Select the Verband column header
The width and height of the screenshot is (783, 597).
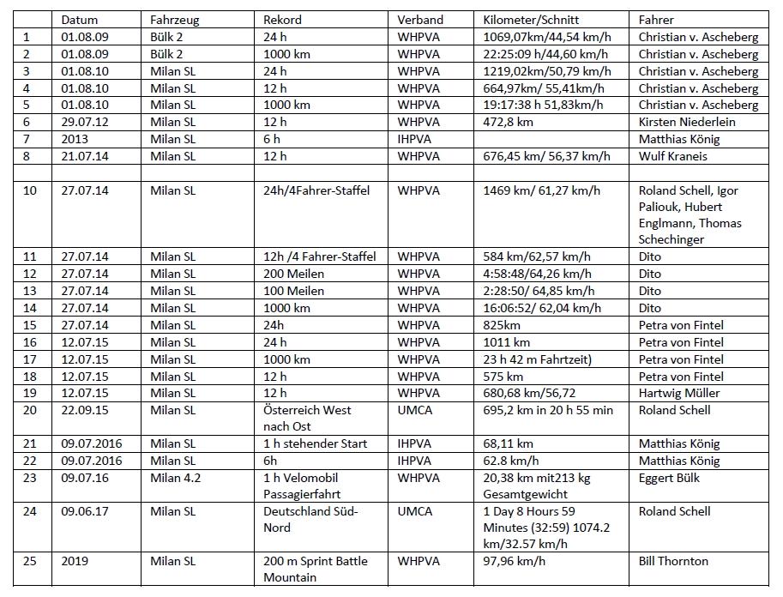click(420, 20)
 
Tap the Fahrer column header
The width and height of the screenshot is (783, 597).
click(656, 20)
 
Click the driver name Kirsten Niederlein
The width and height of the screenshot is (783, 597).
click(687, 123)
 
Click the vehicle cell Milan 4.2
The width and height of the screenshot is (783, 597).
click(175, 478)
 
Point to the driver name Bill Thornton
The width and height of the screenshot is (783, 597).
click(673, 562)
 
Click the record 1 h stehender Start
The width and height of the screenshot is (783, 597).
click(315, 443)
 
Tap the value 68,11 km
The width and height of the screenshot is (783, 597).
click(508, 443)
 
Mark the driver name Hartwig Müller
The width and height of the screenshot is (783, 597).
click(679, 393)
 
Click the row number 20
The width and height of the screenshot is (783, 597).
click(30, 410)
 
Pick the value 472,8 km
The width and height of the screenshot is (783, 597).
click(508, 123)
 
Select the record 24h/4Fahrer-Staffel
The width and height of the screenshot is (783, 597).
click(316, 190)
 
